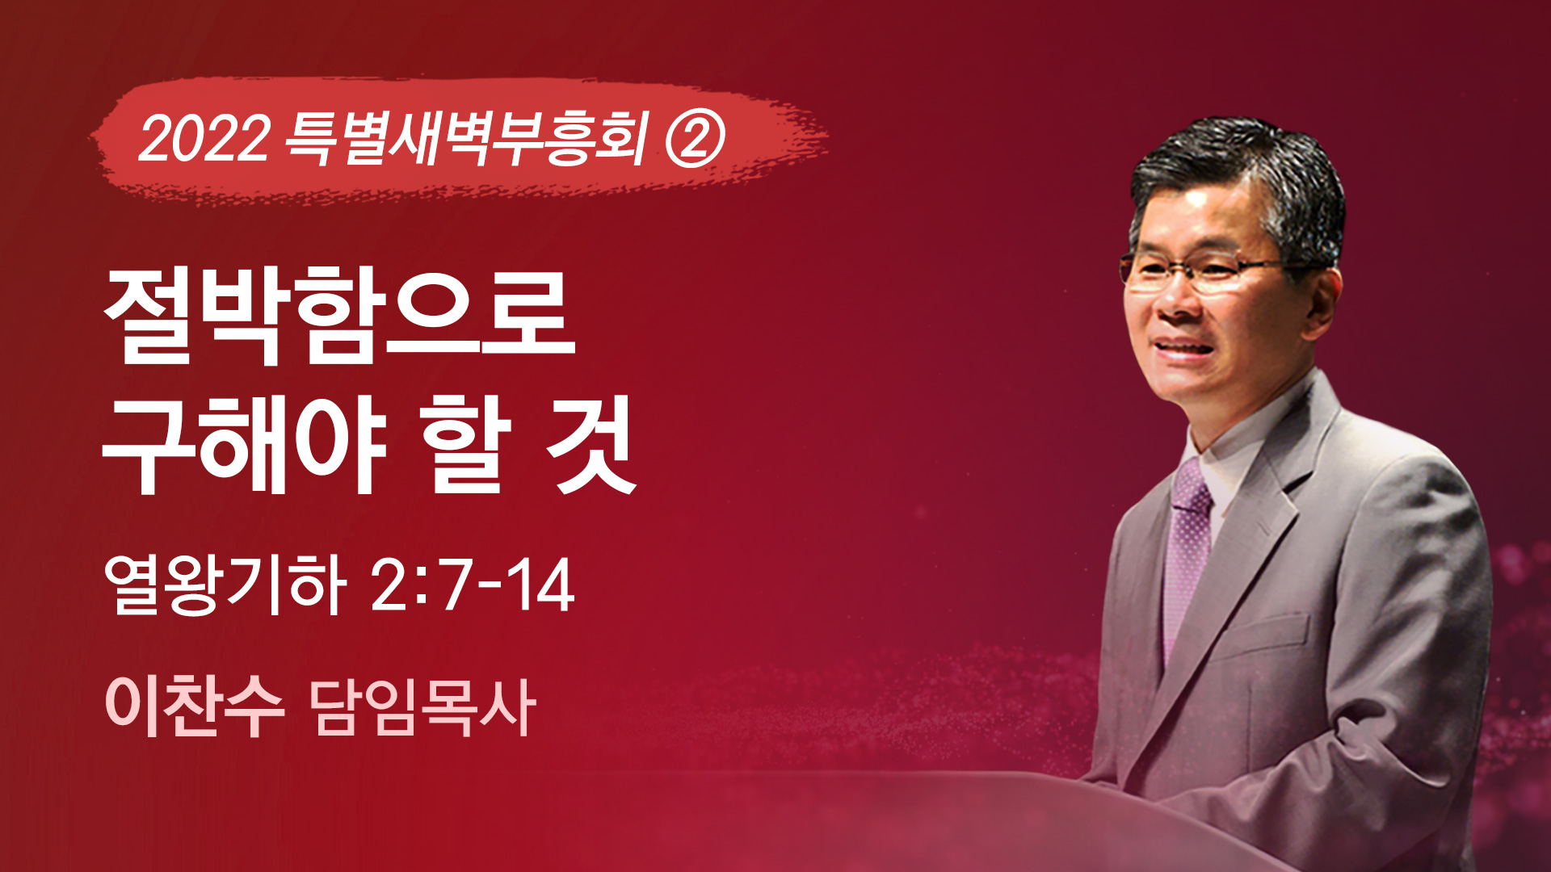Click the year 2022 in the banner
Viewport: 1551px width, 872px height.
click(x=204, y=138)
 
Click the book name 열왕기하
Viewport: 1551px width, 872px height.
click(x=225, y=585)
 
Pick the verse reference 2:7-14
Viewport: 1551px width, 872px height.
click(x=473, y=585)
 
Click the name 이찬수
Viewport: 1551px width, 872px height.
click(x=195, y=706)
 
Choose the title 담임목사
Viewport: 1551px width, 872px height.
click(x=422, y=707)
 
